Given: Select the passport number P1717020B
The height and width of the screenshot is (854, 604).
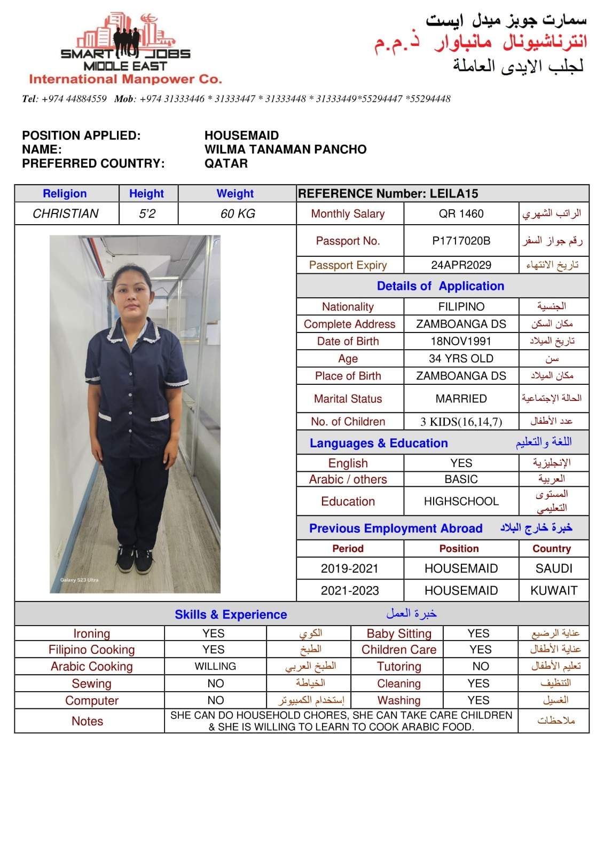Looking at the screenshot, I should coord(461,241).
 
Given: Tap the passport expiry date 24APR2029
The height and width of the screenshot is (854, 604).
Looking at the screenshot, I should coord(461,265).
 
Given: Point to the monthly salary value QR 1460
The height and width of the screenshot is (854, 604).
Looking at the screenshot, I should coord(461,214).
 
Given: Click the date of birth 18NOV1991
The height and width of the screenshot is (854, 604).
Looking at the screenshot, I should coord(461,342).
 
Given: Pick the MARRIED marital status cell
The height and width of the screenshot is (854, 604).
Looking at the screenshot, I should coord(461,399).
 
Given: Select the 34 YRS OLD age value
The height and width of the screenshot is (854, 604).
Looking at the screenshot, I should coord(461,359).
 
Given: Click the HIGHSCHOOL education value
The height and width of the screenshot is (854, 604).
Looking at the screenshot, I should coord(461,502).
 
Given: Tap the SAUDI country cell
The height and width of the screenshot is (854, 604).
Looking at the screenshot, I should coord(554,569).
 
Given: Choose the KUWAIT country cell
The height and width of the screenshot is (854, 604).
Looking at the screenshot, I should coord(554,591).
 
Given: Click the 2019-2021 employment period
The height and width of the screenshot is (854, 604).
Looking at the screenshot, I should coord(349,569).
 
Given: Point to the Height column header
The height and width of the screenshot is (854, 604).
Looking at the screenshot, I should coord(146,194).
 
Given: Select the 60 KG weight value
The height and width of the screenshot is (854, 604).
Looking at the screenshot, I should coord(238,214).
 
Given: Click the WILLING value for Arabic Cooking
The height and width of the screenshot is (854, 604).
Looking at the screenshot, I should coord(215,667).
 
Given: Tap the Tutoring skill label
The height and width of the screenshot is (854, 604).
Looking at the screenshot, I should coord(399,667).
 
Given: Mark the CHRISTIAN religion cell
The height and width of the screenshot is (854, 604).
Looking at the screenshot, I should coord(66,214).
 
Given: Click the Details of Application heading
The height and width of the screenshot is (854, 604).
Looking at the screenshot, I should coord(441,286).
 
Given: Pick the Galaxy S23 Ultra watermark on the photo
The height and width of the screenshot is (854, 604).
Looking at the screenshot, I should coord(79,580).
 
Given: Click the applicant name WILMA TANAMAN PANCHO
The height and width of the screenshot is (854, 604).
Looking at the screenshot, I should coord(285,149).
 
